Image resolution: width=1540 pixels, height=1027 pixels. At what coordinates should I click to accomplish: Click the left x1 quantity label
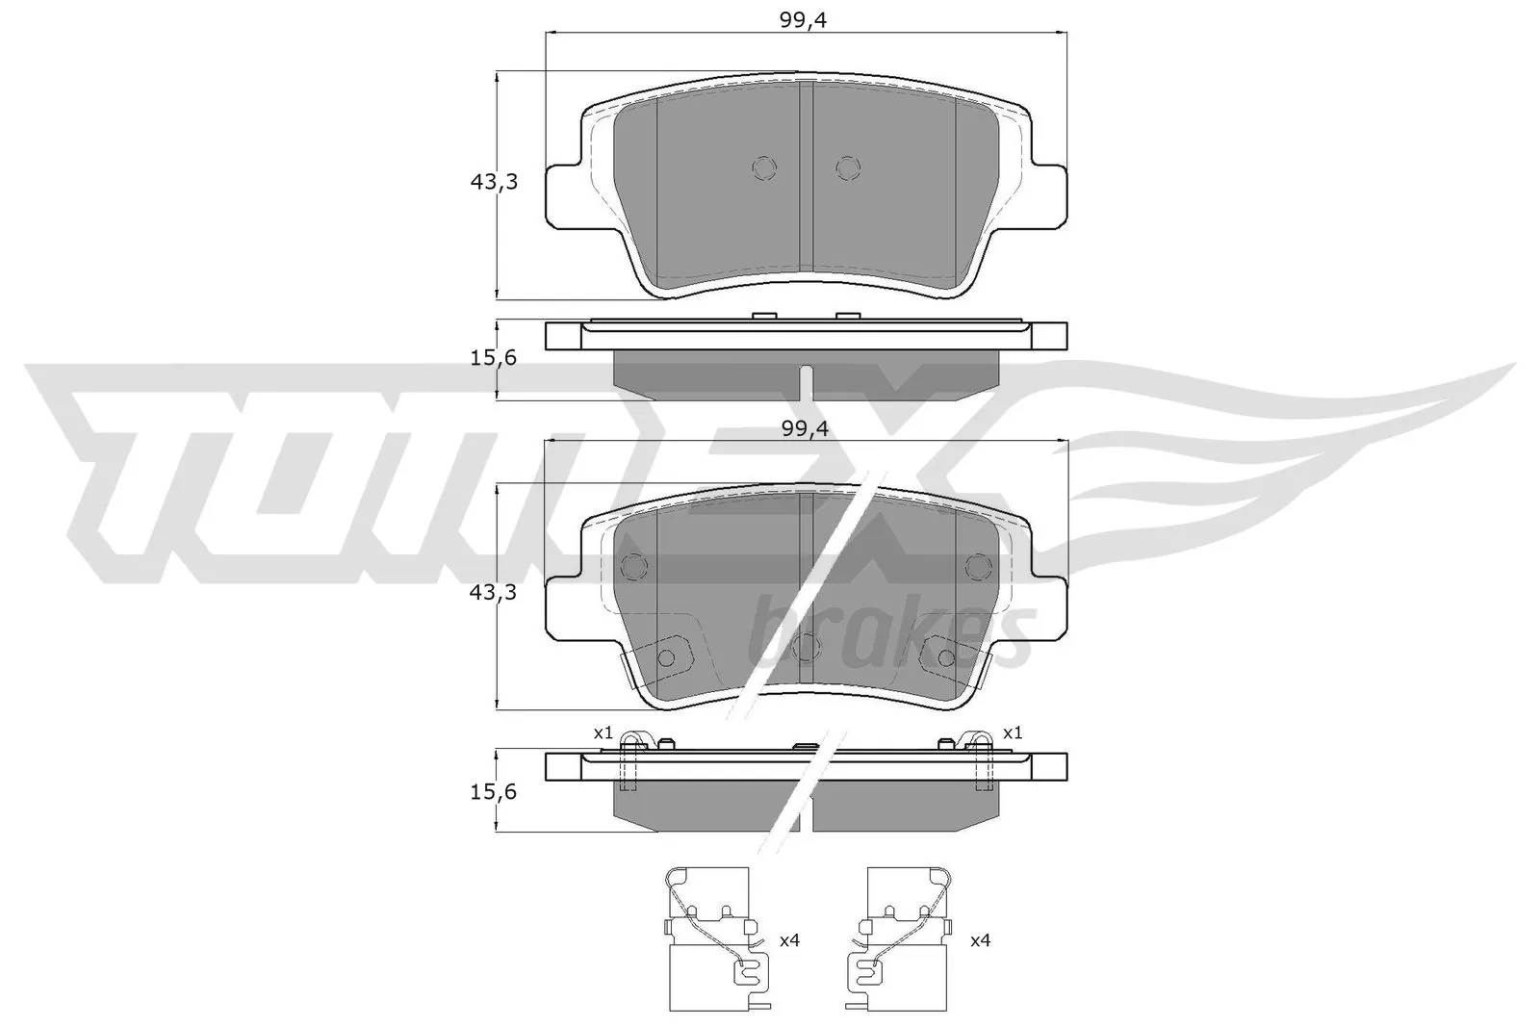point(603,733)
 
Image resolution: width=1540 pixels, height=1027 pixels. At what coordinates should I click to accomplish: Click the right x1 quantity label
point(1013,733)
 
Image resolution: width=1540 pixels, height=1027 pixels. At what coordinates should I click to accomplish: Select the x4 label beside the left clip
point(789,940)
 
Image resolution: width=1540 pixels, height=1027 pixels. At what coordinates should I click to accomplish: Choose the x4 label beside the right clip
point(980,940)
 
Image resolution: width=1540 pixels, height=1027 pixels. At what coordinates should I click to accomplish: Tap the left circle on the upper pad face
point(763,168)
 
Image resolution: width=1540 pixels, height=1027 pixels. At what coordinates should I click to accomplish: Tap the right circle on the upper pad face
point(847,168)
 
